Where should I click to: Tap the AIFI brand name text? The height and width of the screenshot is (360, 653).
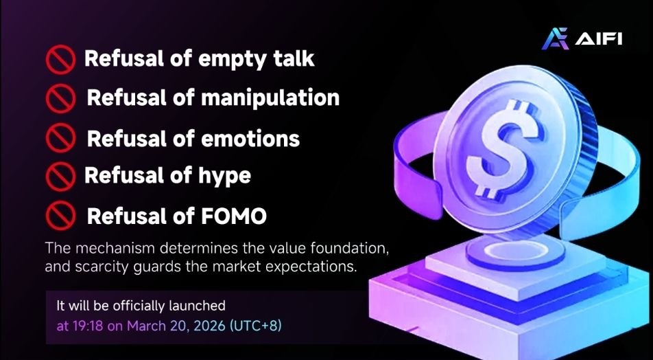point(599,38)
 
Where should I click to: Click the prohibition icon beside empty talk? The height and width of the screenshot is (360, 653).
point(60,59)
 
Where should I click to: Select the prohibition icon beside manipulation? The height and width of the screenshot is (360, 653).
point(60,98)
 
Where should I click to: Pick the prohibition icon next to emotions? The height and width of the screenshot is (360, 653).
point(60,138)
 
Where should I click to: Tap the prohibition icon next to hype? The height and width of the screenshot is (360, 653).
point(60,177)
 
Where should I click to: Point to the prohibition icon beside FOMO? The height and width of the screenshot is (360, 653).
point(60,216)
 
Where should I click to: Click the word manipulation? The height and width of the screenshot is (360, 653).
point(270,98)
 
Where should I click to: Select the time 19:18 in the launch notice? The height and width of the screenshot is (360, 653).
point(88,326)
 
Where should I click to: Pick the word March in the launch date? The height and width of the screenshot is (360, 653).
point(144,326)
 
